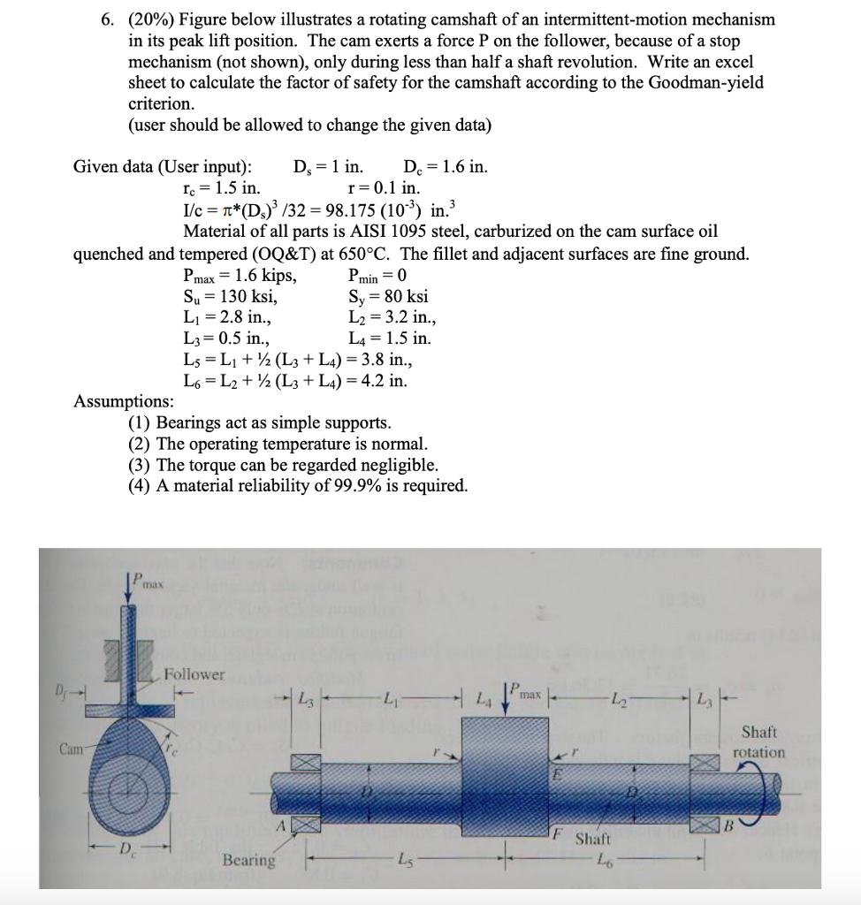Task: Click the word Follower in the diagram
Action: tap(194, 674)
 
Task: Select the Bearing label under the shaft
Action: tap(248, 860)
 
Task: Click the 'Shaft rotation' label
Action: tap(759, 741)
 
